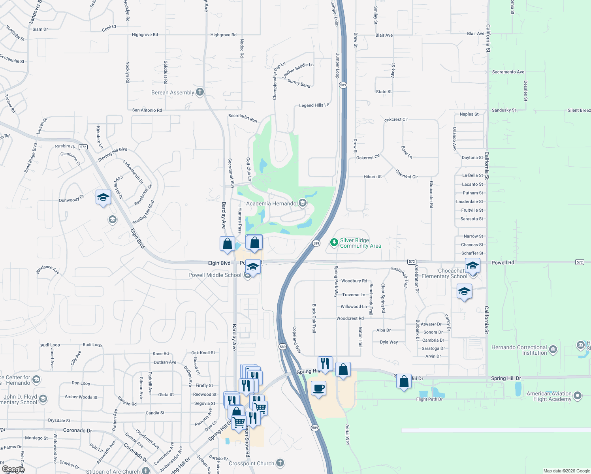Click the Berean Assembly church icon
point(200,92)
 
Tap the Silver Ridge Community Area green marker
point(334,242)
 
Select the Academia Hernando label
point(271,203)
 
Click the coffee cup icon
point(318,389)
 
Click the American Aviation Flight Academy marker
point(578,395)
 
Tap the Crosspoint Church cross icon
point(280,463)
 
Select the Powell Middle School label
point(215,275)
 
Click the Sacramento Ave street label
point(508,72)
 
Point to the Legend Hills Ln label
point(314,105)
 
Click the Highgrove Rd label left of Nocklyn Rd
point(145,35)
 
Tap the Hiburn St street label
point(373,177)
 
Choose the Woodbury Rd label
point(354,281)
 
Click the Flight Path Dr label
point(429,399)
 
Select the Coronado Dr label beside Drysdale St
point(77,430)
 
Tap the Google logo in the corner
point(13,469)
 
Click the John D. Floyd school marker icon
point(43,399)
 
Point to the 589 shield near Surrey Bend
point(343,85)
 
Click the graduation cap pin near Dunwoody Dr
point(103,197)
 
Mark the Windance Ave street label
point(47,269)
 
